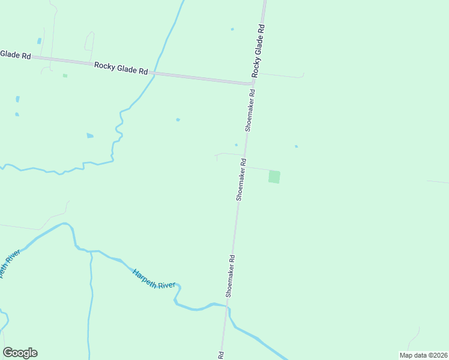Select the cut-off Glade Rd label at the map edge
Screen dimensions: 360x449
pyautogui.click(x=15, y=54)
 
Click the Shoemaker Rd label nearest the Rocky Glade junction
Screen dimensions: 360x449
pyautogui.click(x=250, y=110)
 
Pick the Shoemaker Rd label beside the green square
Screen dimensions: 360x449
pyautogui.click(x=241, y=179)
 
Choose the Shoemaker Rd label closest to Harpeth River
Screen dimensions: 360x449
pyautogui.click(x=231, y=275)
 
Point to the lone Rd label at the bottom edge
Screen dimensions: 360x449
pyautogui.click(x=221, y=355)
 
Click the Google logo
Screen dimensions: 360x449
pyautogui.click(x=20, y=353)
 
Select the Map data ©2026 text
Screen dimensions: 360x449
pyautogui.click(x=423, y=355)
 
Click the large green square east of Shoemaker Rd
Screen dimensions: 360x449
pyautogui.click(x=274, y=177)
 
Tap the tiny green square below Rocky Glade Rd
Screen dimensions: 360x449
pyautogui.click(x=65, y=76)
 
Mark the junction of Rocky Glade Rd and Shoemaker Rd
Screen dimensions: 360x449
pyautogui.click(x=252, y=83)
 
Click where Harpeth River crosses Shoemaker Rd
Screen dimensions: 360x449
pyautogui.click(x=228, y=307)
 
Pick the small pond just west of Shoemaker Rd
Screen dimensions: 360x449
pyautogui.click(x=236, y=145)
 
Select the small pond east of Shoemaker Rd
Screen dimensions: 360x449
pyautogui.click(x=296, y=146)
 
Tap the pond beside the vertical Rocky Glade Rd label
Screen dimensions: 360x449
pyautogui.click(x=232, y=29)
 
